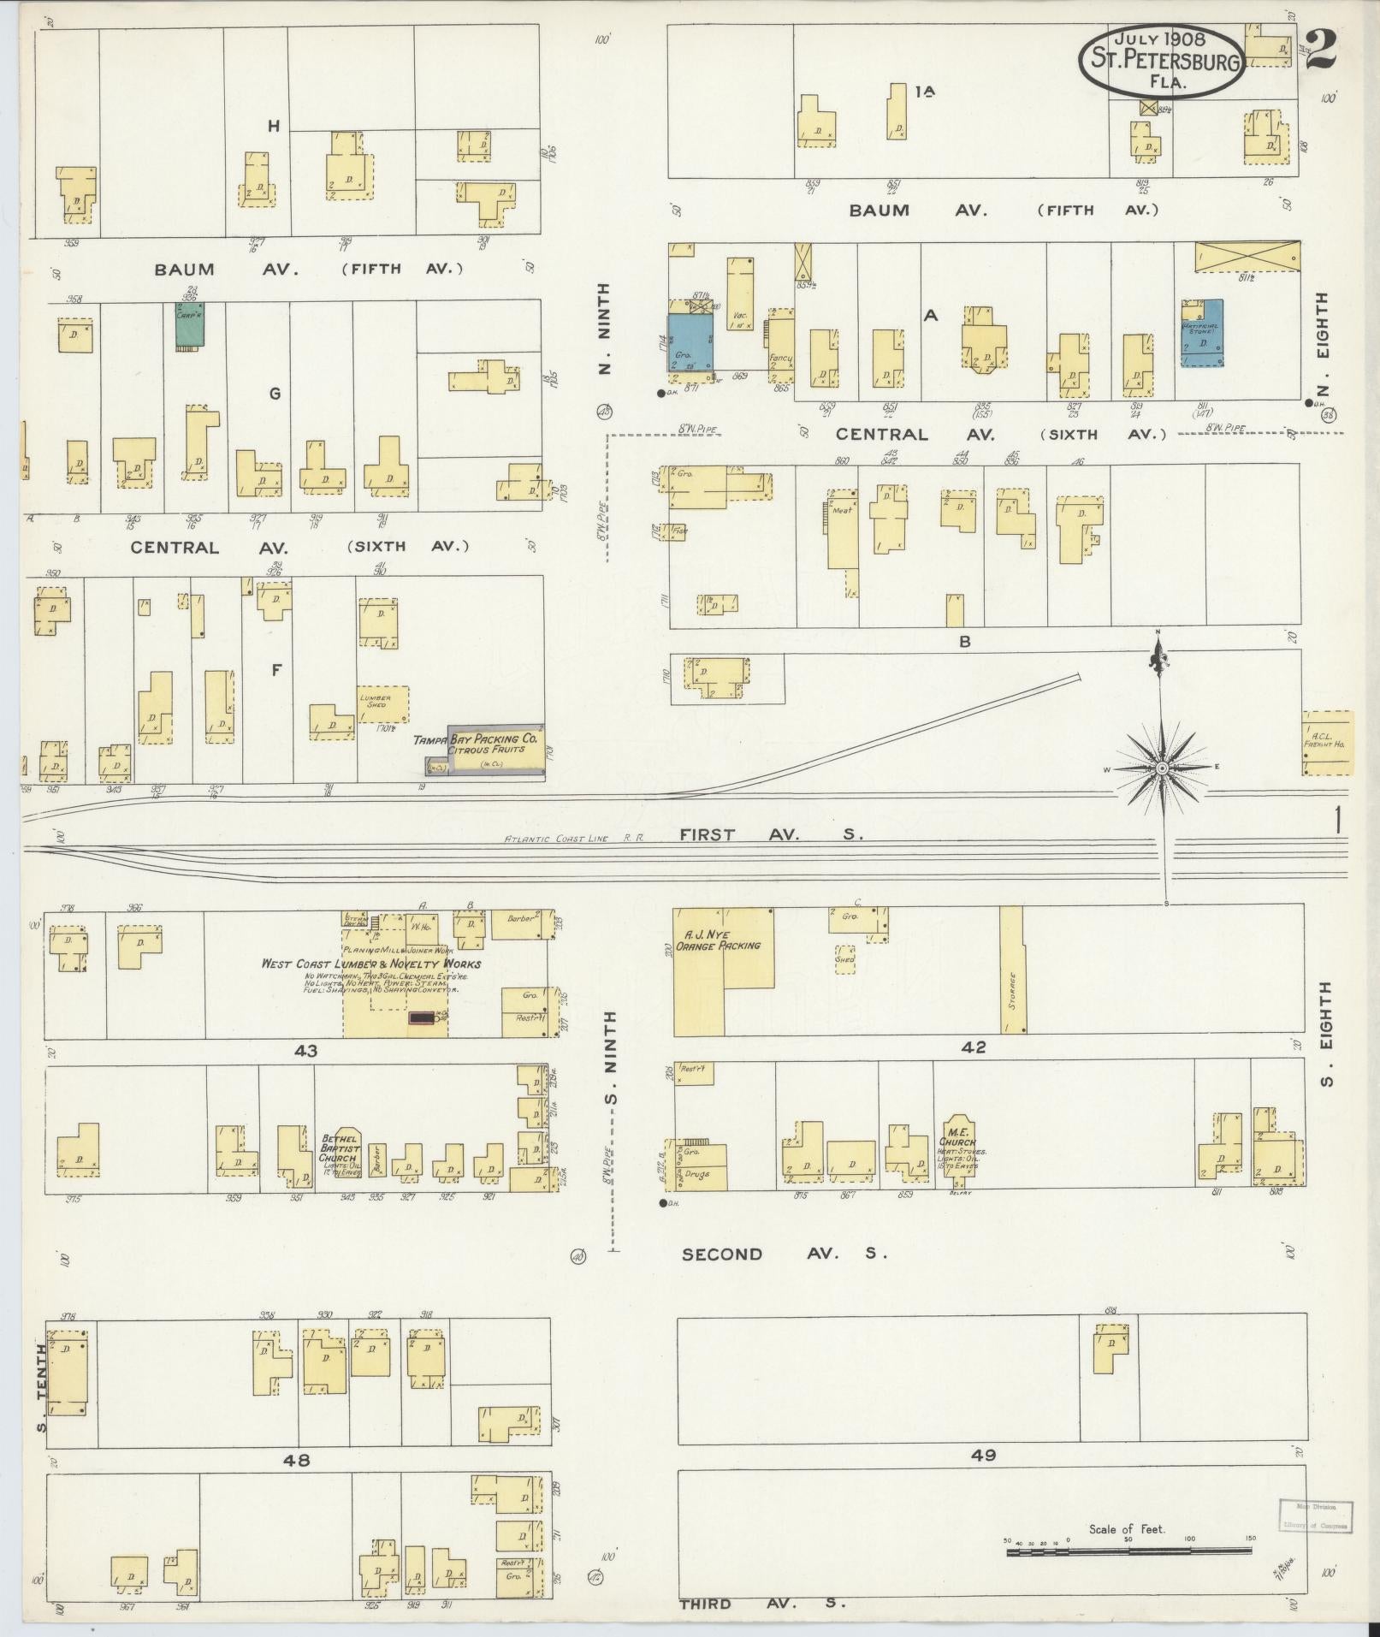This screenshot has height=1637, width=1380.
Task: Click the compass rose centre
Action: click(x=1162, y=768)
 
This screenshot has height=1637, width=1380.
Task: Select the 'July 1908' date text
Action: click(x=1159, y=39)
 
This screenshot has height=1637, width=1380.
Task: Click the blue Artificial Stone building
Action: click(x=1201, y=332)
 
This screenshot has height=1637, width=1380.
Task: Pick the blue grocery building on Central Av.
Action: click(x=690, y=341)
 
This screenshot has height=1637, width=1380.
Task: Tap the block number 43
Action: click(x=305, y=1050)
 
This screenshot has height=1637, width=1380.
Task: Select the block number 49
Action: click(x=984, y=1454)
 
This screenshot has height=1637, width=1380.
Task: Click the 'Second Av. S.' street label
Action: click(x=784, y=1254)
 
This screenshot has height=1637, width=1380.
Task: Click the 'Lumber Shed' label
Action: click(x=376, y=701)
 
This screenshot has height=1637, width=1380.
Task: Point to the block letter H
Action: click(x=274, y=127)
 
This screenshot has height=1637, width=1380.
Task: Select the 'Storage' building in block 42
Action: click(x=1012, y=971)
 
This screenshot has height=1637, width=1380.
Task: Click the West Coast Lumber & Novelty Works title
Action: click(x=371, y=964)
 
